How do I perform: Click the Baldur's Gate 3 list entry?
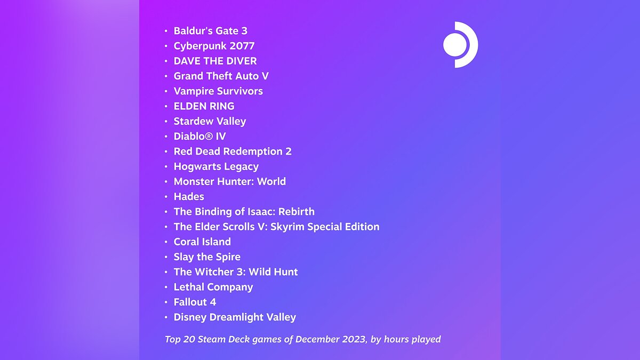(x=211, y=31)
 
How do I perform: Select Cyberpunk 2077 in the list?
(x=214, y=46)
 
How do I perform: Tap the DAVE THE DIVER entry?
(x=215, y=61)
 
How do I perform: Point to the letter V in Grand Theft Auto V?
(x=265, y=76)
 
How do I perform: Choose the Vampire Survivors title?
(x=218, y=91)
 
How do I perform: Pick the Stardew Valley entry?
(x=210, y=121)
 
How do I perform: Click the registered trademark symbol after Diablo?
(x=209, y=137)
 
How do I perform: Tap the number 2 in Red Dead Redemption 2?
(x=289, y=151)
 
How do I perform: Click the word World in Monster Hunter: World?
(x=271, y=181)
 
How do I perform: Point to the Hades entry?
(x=189, y=197)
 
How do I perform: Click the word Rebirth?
(x=297, y=212)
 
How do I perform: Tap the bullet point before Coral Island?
(x=166, y=242)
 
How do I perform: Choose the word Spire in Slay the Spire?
(x=228, y=257)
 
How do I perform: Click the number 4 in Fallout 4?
(x=213, y=302)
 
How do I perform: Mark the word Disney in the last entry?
(x=190, y=317)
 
